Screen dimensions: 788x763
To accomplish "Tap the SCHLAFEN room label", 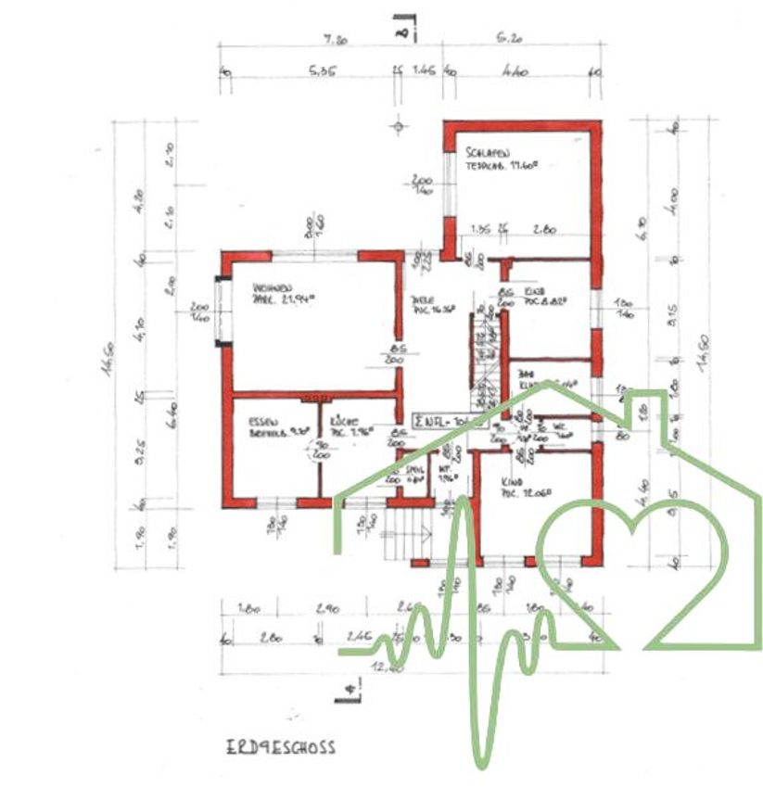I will [x=489, y=153].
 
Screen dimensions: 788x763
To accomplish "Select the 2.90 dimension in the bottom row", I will [x=326, y=609].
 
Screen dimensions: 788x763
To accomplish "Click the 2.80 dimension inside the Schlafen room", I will [x=544, y=229].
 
